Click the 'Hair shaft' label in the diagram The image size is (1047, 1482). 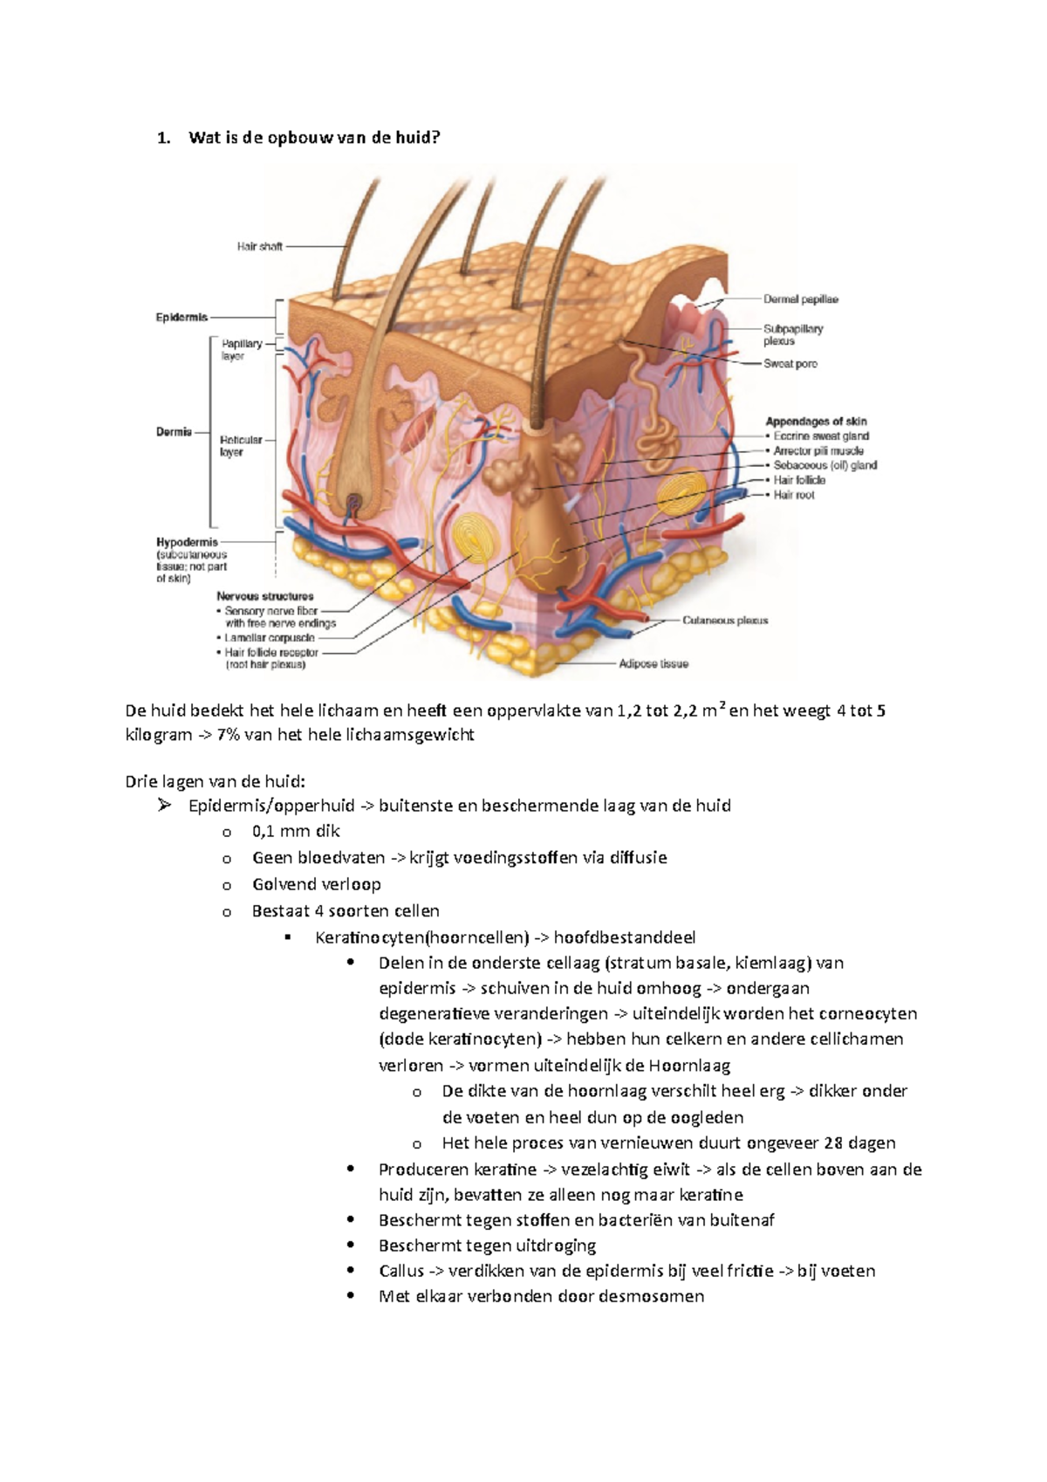tap(259, 247)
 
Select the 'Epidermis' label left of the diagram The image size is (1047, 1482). tap(181, 318)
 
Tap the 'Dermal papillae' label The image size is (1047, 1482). tap(800, 299)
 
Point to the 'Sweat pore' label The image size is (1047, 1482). tap(790, 364)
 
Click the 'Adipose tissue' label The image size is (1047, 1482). tap(654, 663)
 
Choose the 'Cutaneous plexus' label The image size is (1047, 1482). tap(725, 621)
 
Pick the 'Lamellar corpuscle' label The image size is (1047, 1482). tap(270, 639)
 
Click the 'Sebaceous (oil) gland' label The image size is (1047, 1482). tap(825, 465)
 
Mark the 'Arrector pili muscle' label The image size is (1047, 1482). tap(818, 450)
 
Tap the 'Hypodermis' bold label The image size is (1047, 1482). tap(188, 542)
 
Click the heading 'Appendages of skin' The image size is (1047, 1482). tap(816, 422)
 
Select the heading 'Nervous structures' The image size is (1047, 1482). tap(264, 596)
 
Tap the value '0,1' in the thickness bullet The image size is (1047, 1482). tap(263, 832)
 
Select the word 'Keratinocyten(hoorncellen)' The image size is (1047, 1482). tap(422, 937)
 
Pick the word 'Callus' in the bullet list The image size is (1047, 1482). tap(401, 1271)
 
